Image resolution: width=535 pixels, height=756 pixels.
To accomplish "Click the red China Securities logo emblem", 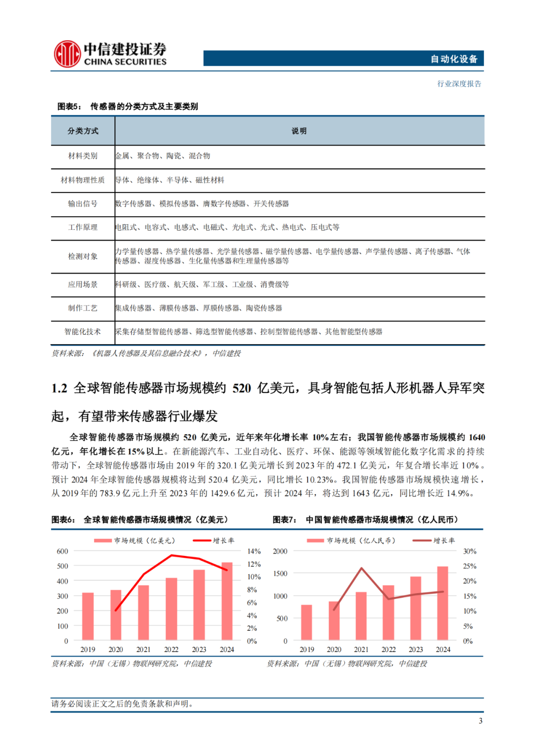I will coord(67,54).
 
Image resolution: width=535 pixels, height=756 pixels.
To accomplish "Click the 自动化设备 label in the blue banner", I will coord(454,59).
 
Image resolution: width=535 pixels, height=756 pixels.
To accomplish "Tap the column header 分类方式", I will coord(83,131).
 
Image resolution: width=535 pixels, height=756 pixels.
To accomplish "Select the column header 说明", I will coord(299,131).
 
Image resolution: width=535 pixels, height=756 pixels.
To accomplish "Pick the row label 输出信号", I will coord(83,204).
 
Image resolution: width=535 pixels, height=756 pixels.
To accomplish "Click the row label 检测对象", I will coord(83,256).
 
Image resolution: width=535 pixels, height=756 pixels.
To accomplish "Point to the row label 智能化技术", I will coord(83,332).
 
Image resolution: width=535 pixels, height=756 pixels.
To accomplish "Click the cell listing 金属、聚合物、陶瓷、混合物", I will coord(163,156).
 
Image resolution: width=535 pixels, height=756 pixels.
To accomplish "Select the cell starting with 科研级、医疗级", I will coord(202,285).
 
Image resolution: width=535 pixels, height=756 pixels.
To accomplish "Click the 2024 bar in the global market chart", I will coord(227,601).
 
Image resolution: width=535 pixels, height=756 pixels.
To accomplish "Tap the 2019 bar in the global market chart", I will coord(88,616).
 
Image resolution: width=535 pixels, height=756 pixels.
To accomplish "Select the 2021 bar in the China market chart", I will coord(361,615).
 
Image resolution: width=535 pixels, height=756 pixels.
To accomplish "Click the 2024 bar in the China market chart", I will coord(443,603).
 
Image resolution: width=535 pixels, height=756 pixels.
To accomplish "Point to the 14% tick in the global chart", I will coord(254,552).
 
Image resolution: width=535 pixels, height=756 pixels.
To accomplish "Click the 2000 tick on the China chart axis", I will coord(280,552).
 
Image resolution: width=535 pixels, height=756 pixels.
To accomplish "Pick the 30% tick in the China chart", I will coord(470,552).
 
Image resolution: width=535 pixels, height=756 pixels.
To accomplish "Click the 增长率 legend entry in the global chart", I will coord(214,541).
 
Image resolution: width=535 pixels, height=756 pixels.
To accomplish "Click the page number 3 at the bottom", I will coord(481,721).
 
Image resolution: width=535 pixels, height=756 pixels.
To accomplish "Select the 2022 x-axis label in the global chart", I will coord(171,650).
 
